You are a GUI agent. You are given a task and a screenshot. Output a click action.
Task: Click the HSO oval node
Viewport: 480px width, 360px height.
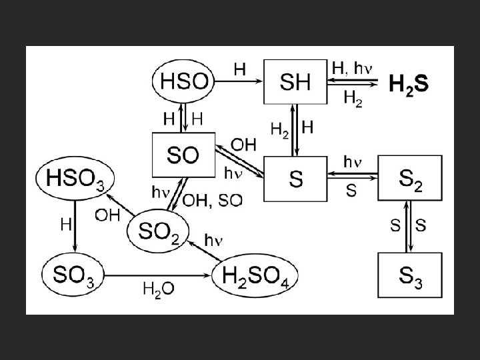click(183, 83)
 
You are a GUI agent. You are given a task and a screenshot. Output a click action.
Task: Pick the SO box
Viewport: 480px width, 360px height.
click(183, 156)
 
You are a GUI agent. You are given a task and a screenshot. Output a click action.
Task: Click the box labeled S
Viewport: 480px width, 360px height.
click(295, 178)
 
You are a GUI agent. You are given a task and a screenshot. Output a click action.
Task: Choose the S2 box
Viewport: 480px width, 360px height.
click(409, 178)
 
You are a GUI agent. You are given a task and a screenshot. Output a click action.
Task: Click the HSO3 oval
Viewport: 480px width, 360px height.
click(75, 178)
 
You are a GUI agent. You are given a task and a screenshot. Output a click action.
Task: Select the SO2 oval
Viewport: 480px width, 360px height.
click(159, 231)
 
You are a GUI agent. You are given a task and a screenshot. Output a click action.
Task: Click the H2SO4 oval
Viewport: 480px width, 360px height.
click(255, 273)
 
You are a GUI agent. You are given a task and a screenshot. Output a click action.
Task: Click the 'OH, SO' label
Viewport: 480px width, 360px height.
click(211, 201)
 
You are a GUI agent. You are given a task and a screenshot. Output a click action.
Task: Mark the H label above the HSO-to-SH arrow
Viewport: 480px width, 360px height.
click(239, 68)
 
